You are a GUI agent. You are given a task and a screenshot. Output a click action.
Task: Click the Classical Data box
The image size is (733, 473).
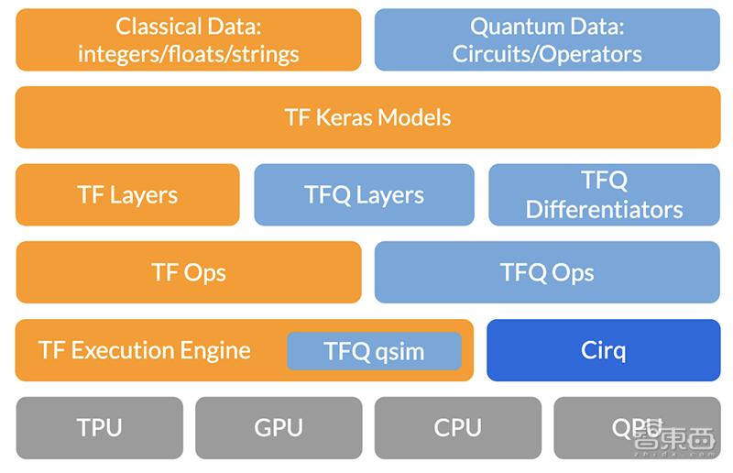(x=188, y=39)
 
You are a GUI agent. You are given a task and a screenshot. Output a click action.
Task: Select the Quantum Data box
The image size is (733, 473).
(x=547, y=39)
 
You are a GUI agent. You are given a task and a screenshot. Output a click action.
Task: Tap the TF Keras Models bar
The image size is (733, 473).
(x=367, y=117)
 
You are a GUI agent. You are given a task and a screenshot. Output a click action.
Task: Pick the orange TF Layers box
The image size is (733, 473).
(x=127, y=194)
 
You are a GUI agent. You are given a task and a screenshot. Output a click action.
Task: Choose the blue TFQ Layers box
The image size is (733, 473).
(x=364, y=194)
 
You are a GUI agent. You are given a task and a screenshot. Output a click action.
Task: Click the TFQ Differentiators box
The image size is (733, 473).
(x=604, y=194)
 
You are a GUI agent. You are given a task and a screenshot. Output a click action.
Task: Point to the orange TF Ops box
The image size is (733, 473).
(x=188, y=272)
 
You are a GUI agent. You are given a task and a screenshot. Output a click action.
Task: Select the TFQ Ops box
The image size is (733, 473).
(x=547, y=272)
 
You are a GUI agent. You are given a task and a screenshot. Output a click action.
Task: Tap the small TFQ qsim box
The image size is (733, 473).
(x=374, y=351)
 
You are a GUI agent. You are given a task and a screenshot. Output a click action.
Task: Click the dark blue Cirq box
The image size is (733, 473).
(x=603, y=350)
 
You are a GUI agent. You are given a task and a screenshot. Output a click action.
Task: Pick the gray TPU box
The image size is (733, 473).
(x=99, y=427)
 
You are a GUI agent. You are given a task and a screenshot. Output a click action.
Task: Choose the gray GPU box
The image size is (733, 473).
(x=279, y=427)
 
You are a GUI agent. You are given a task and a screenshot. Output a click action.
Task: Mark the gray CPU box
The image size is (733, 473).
(x=458, y=427)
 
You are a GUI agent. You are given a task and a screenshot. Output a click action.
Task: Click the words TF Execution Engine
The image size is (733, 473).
(x=145, y=350)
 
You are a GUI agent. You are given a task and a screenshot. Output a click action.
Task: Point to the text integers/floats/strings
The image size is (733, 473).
(x=188, y=53)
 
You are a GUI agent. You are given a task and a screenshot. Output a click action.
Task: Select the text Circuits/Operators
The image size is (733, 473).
(x=547, y=53)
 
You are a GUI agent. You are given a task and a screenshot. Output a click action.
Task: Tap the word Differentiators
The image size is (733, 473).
(x=604, y=209)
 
